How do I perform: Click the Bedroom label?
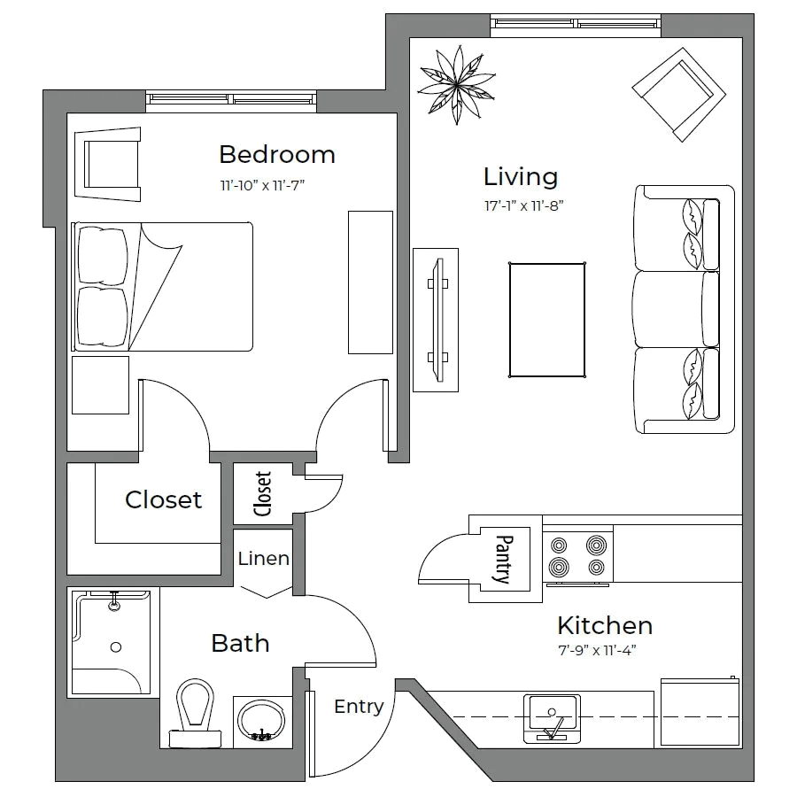[x=277, y=155]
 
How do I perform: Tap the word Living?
[x=521, y=178]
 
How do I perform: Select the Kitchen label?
[x=605, y=627]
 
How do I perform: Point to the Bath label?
[x=239, y=643]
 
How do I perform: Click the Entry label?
[x=359, y=707]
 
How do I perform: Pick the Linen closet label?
[x=262, y=559]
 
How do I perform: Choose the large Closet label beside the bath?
[x=164, y=500]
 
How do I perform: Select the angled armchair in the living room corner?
[x=679, y=94]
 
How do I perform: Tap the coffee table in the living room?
[x=546, y=319]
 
